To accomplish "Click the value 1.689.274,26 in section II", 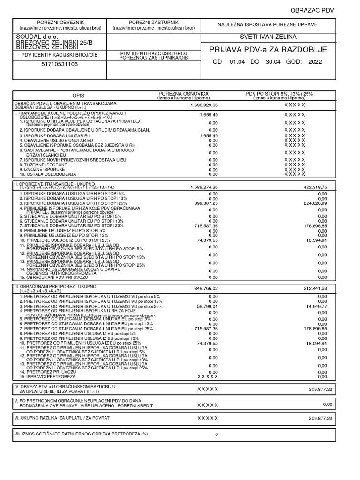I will coord(199,187).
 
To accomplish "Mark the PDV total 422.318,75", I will coord(317,187).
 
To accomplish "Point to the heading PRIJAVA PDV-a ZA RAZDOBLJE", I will coord(268,50).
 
